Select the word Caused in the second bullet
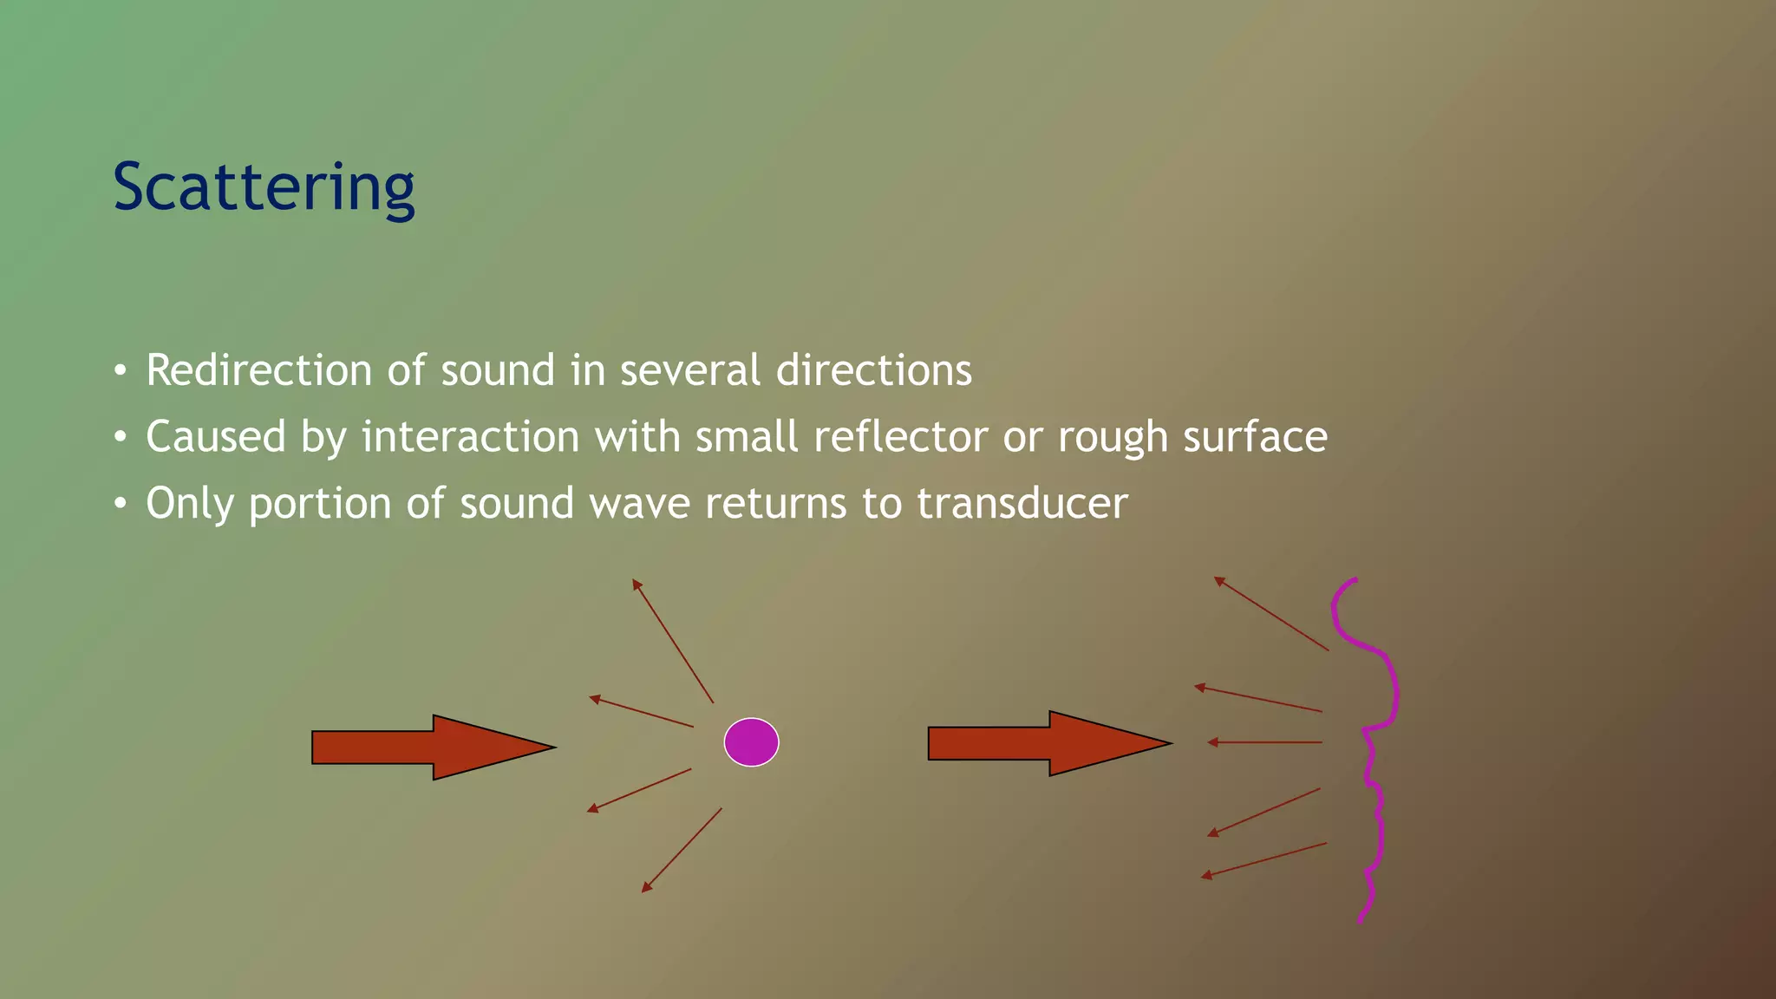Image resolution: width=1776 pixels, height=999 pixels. click(x=215, y=436)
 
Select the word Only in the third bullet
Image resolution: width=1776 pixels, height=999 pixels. click(x=189, y=504)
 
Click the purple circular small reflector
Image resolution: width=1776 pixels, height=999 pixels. click(x=751, y=742)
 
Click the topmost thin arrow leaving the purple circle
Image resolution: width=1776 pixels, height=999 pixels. click(x=673, y=641)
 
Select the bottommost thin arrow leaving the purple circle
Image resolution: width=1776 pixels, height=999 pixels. click(x=682, y=850)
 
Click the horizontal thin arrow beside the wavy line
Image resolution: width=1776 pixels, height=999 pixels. click(x=1265, y=742)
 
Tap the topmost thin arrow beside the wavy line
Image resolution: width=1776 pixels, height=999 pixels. click(x=1271, y=613)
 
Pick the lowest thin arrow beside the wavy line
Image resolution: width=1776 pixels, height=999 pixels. click(x=1264, y=859)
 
